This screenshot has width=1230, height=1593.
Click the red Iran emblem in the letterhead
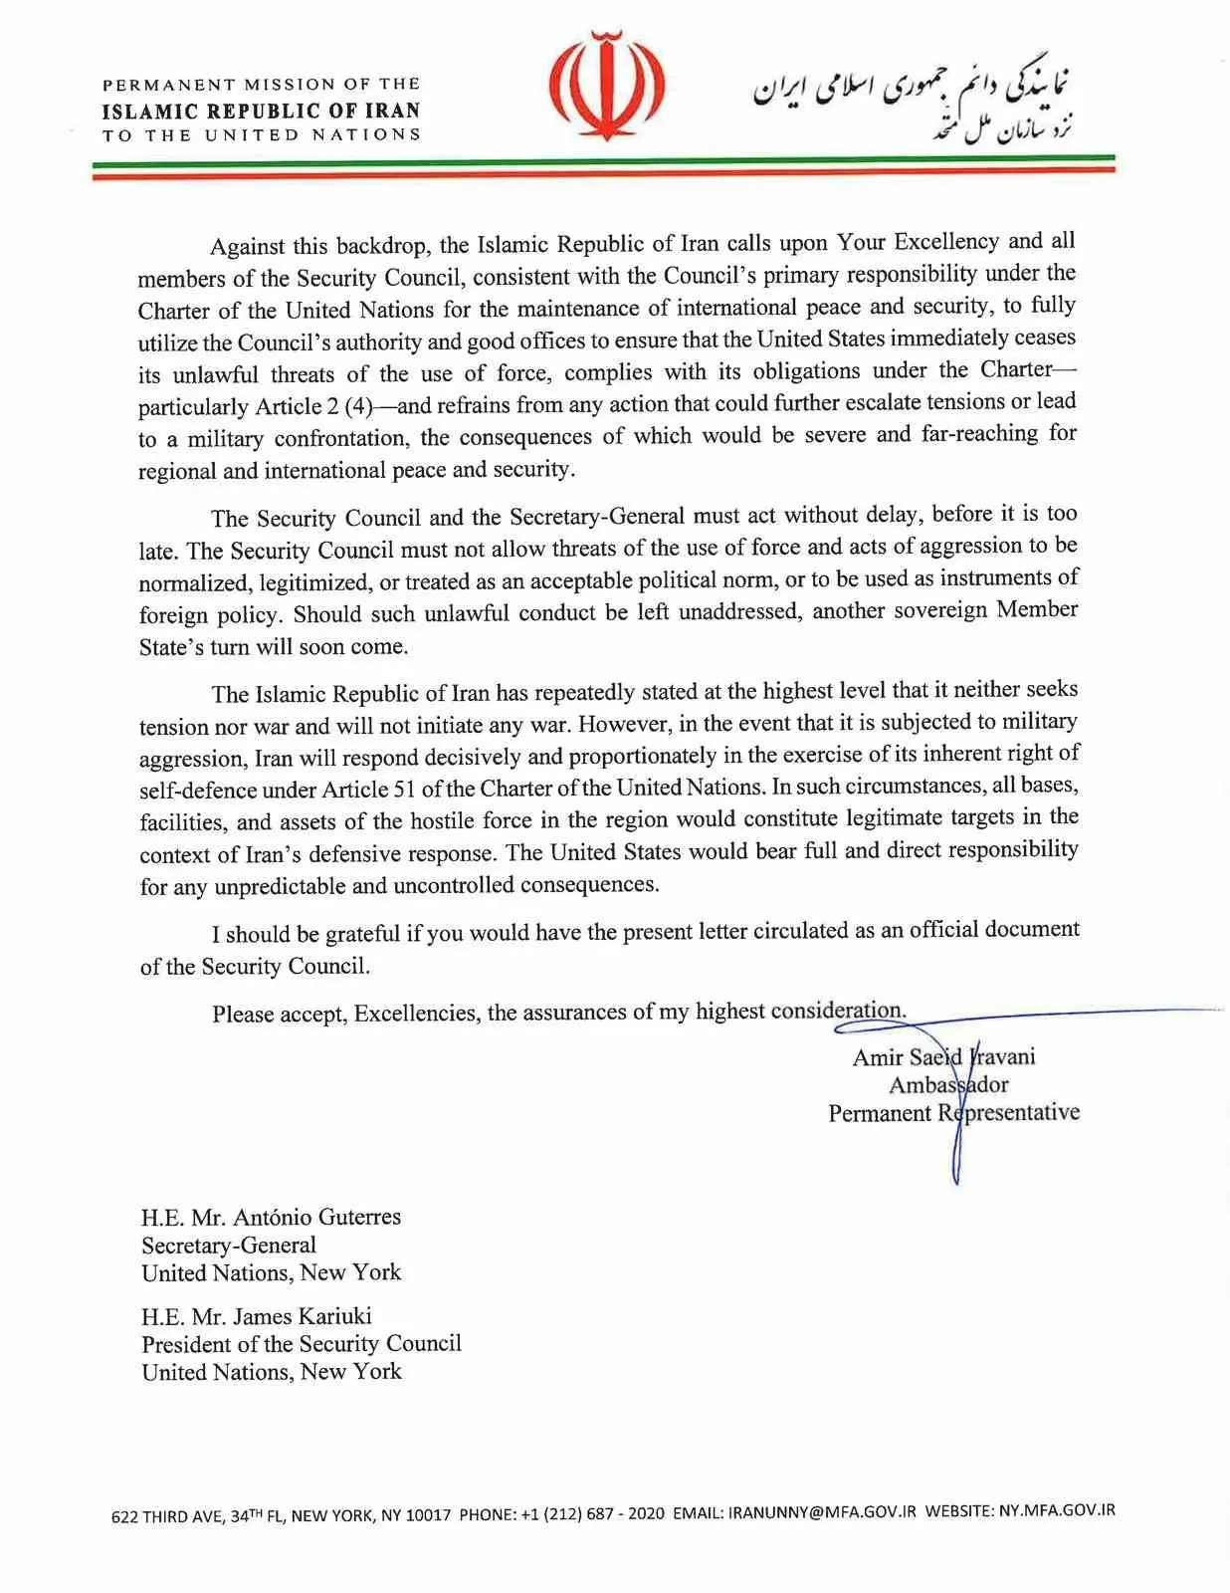pos(607,88)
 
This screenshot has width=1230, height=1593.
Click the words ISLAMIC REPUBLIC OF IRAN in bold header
pos(261,111)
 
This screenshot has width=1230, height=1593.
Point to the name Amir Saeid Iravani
pos(943,1057)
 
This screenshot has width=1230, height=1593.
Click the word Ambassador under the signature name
pos(947,1085)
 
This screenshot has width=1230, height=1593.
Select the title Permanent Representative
pos(953,1113)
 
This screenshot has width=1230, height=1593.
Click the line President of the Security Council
pos(301,1344)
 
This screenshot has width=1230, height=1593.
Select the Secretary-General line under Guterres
pos(228,1245)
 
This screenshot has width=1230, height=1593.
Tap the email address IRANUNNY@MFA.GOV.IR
pos(821,1512)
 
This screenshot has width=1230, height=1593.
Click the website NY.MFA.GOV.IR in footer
pos(1056,1510)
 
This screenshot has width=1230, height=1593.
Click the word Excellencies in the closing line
pos(416,1014)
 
